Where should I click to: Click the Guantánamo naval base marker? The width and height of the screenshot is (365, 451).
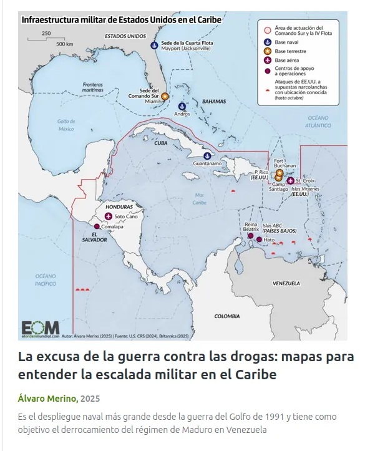point(207,157)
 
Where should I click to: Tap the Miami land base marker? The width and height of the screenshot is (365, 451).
point(165,97)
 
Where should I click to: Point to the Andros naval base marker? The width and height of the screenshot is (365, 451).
point(182,106)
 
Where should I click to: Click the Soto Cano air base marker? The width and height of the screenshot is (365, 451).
point(109,216)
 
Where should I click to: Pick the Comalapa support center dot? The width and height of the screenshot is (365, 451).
point(97,226)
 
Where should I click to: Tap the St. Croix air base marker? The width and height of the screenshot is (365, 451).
point(290,181)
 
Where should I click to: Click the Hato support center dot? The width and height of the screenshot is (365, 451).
point(259,239)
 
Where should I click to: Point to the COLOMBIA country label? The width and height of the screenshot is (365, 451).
point(226,316)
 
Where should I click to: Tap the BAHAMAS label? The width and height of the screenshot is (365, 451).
point(213,101)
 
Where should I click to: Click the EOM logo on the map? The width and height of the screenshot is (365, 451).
point(40,327)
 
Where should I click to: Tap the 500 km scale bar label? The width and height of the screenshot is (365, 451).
point(64,44)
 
